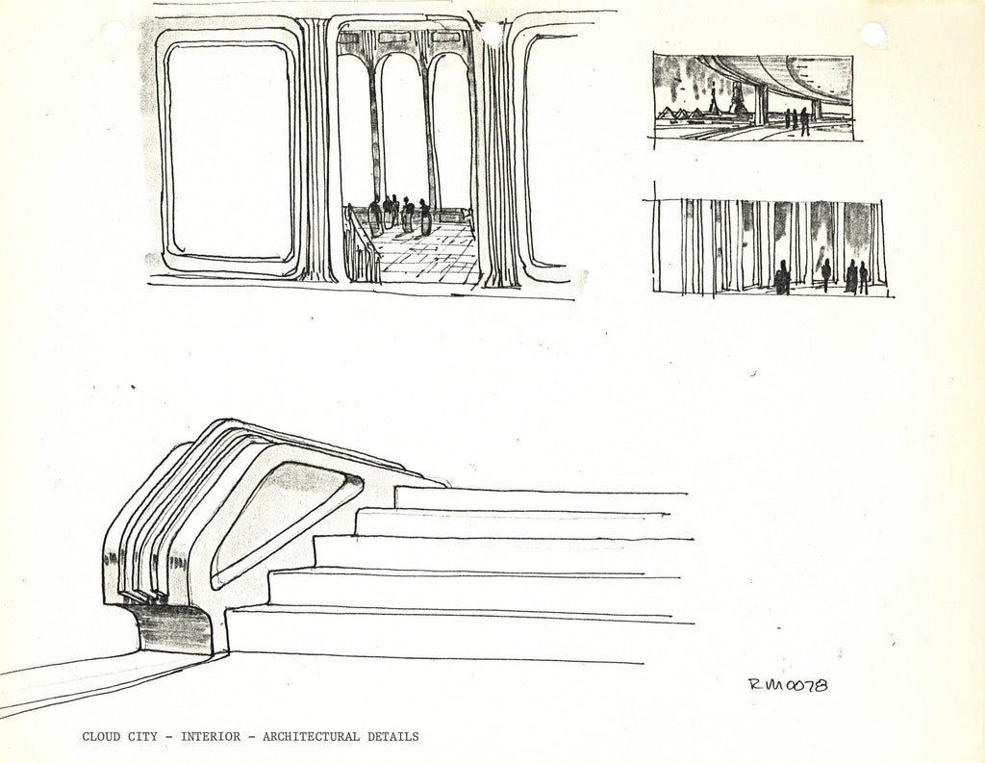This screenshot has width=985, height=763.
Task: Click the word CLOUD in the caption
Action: click(102, 737)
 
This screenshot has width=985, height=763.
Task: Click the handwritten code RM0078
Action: click(788, 685)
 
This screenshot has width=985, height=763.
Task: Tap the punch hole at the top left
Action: click(113, 33)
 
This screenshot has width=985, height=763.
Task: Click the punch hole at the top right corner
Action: click(872, 34)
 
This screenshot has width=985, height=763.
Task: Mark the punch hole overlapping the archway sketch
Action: click(492, 34)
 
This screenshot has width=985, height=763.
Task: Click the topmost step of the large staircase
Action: click(539, 499)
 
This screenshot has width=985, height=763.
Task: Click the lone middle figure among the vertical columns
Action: click(825, 274)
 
